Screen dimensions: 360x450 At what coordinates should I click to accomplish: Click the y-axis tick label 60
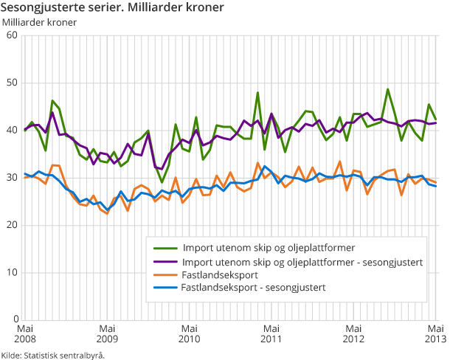click(13, 35)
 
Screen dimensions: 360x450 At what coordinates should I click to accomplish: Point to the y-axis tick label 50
click(13, 83)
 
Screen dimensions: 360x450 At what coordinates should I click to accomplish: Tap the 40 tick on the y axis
click(13, 130)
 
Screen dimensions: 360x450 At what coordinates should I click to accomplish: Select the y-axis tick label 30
click(13, 178)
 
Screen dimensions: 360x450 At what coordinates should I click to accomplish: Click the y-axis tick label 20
click(13, 225)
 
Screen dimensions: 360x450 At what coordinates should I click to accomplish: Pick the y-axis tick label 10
click(13, 272)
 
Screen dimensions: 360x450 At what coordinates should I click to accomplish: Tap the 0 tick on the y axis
click(15, 319)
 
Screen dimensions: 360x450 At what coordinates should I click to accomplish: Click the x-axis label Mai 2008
click(24, 333)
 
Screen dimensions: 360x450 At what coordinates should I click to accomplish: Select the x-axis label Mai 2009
click(107, 333)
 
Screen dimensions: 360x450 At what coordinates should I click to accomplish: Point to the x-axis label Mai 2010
click(190, 333)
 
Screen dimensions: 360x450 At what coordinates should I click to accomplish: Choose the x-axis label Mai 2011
click(271, 333)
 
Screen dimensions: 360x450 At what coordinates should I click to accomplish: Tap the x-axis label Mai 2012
click(354, 333)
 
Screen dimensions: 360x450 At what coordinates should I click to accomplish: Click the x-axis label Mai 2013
click(435, 333)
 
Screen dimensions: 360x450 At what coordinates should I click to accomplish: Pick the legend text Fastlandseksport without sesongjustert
click(219, 274)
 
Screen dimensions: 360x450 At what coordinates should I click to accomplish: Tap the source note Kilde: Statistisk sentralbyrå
click(53, 355)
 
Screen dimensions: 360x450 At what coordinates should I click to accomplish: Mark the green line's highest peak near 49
click(388, 89)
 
